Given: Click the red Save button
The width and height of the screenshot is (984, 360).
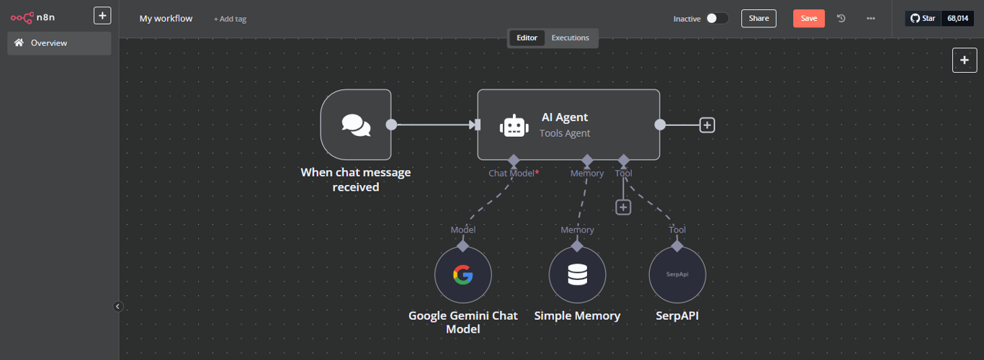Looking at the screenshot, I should coord(808,19).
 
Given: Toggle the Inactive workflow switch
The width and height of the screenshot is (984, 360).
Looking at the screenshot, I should coord(717,19).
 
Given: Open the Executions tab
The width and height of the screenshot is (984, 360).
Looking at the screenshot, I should coord(570,38).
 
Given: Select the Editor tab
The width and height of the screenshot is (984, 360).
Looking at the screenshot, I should coord(527,38).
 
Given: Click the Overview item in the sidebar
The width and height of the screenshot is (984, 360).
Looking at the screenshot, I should coord(59,43).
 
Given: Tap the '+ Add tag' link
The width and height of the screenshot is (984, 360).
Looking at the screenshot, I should coord(230,19).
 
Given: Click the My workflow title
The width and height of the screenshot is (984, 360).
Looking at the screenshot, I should coord(166,19).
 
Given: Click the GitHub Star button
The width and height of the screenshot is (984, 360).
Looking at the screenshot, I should coord(923,19).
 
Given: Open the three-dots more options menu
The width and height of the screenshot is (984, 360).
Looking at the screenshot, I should coord(871,19).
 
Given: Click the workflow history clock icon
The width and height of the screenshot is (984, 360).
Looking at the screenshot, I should coord(841,19).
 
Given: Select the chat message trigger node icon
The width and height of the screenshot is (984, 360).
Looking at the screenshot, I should coord(356,125).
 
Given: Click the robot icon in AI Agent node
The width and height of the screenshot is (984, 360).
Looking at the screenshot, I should coord(513,126).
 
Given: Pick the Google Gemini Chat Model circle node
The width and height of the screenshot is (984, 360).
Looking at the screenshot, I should coord(462,275).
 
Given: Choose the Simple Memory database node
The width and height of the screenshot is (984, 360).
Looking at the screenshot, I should coord(577,275).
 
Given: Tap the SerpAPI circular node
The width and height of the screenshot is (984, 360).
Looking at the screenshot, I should coord(677,275).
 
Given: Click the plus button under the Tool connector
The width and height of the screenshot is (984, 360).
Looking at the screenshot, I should coord(623,207).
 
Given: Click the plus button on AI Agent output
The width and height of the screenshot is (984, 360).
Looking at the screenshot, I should coord(707,125).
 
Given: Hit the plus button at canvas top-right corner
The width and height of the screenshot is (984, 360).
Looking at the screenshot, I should coord(965,60).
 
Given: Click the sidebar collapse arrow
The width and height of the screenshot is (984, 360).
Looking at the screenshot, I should coord(118,307).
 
